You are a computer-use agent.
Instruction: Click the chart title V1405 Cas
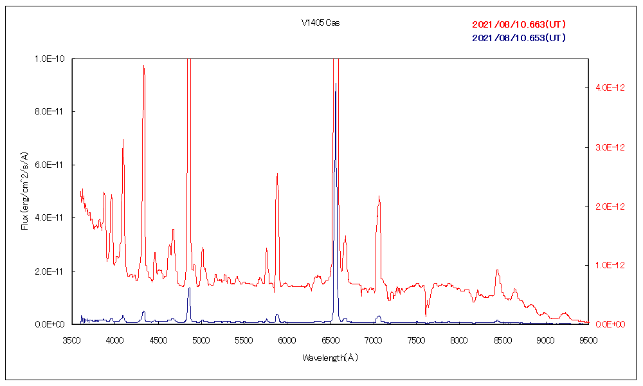(x=320, y=23)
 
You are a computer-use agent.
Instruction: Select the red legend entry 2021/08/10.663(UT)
(x=519, y=24)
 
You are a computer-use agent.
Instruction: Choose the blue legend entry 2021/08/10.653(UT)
(x=519, y=37)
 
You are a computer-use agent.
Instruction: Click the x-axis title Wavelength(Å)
(x=330, y=357)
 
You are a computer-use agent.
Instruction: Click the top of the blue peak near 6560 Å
(x=335, y=84)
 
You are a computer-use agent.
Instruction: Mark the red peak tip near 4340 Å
(x=144, y=66)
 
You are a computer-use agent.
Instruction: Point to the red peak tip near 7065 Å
(x=379, y=196)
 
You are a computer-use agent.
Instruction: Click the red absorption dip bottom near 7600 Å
(x=426, y=316)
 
